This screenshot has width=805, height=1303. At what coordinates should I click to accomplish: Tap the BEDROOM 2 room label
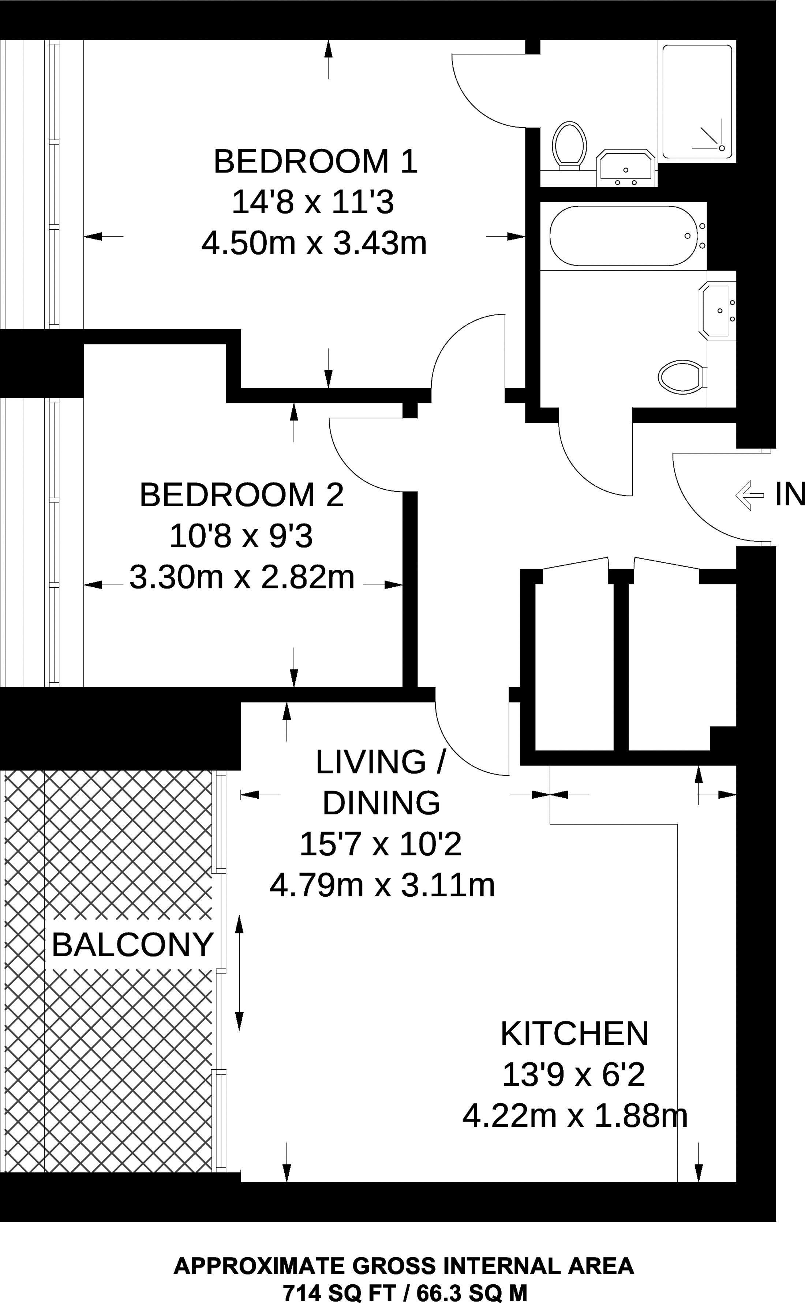(242, 495)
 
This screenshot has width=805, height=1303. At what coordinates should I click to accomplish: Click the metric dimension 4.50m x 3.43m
(314, 243)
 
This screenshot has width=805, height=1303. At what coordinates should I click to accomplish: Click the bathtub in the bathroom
(622, 236)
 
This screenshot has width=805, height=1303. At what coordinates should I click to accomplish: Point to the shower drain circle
(722, 148)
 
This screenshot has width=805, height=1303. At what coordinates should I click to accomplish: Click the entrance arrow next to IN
(750, 495)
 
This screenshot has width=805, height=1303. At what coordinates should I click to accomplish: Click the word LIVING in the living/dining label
(371, 762)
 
